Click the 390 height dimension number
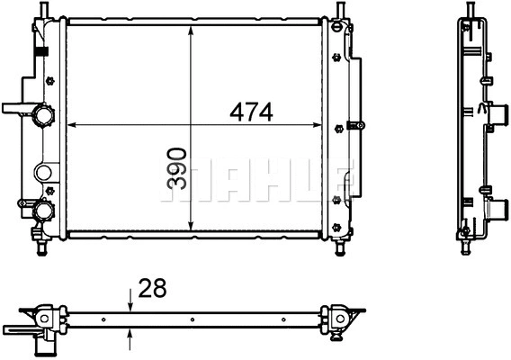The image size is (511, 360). click(x=177, y=168)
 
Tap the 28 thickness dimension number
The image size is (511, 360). click(x=152, y=290)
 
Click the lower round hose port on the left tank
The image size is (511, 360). click(x=41, y=212)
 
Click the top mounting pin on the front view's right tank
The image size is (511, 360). click(x=342, y=12)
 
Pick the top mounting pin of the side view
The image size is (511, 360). click(x=470, y=11)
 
